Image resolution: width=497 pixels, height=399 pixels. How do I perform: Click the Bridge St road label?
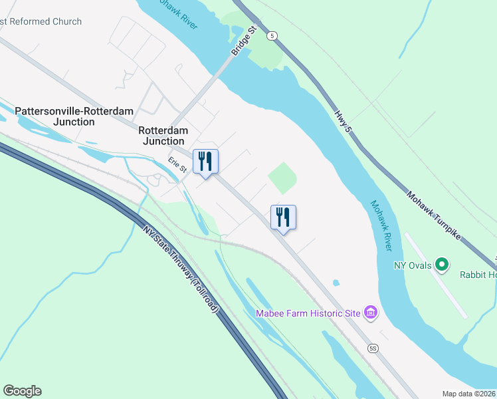(244, 41)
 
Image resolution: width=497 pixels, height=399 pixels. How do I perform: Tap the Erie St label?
(176, 164)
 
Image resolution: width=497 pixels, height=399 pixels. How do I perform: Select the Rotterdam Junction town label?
(162, 136)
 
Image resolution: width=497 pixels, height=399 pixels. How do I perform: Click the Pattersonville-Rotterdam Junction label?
(74, 116)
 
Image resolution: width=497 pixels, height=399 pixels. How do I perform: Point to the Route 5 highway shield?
(272, 35)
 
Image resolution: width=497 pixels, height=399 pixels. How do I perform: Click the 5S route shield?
(373, 348)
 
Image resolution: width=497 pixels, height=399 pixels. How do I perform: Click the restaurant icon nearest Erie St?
(205, 162)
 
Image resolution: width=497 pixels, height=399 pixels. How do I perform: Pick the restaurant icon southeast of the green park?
(283, 217)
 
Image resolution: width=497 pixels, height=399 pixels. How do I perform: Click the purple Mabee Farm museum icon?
(371, 313)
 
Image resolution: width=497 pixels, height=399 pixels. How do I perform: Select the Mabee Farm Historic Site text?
(308, 313)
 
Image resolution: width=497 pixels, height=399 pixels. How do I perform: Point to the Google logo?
(22, 391)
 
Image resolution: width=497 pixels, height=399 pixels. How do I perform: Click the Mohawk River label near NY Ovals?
(381, 225)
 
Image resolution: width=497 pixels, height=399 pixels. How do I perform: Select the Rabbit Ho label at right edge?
(478, 273)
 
